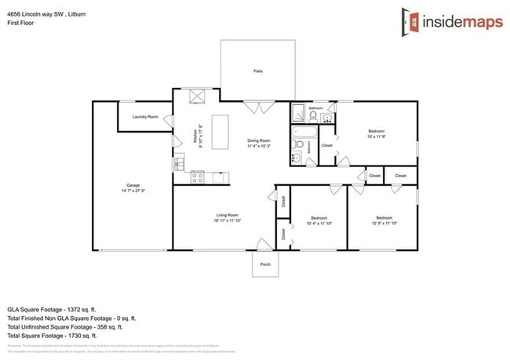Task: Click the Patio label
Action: [257, 71]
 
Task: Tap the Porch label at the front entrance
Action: [265, 264]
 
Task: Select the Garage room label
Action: [133, 186]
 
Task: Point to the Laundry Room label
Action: [145, 117]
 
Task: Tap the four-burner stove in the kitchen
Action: [198, 177]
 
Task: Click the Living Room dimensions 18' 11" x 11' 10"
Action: [228, 220]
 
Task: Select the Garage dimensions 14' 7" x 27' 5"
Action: [133, 191]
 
